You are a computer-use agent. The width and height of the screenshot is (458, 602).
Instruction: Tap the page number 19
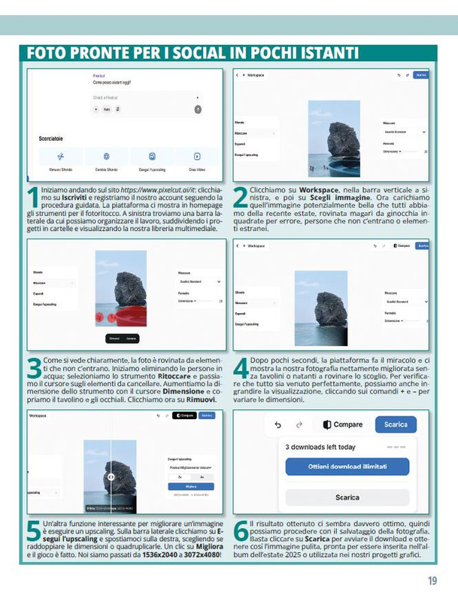click(x=432, y=580)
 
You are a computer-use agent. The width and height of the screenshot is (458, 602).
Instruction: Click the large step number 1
click(x=32, y=197)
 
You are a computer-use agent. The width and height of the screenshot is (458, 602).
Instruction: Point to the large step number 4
click(x=241, y=368)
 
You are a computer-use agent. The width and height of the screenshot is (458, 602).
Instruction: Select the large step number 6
click(x=241, y=531)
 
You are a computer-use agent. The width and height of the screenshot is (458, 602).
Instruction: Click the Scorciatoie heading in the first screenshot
click(x=51, y=139)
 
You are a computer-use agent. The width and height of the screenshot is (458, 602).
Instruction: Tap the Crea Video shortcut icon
click(x=197, y=157)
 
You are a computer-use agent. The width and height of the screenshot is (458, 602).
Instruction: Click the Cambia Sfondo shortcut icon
click(x=106, y=157)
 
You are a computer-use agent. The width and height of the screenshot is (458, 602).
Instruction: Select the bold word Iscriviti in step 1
click(x=77, y=196)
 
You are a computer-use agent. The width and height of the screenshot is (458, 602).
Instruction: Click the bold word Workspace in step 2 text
click(x=319, y=190)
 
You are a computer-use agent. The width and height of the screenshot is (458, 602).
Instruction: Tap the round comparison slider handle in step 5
click(x=111, y=476)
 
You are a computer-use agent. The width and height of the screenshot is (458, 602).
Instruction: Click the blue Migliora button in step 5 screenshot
click(x=190, y=487)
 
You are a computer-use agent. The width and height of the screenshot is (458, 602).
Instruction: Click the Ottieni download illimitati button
click(x=347, y=467)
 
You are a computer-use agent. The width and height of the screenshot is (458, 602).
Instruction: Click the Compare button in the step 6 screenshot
click(x=342, y=424)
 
